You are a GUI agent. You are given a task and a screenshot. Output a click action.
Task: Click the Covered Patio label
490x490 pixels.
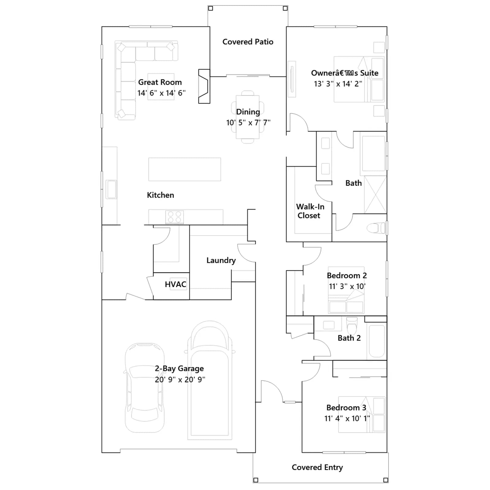tap(248, 42)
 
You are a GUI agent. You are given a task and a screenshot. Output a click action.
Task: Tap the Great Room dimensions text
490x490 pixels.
tap(161, 93)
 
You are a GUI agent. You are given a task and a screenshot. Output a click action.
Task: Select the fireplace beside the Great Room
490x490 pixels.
tap(204, 86)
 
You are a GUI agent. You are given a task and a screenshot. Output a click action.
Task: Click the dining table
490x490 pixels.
tap(247, 117)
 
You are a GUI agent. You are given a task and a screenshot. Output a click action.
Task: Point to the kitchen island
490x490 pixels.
tap(185, 169)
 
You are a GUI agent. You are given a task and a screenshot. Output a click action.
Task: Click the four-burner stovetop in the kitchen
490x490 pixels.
tap(175, 217)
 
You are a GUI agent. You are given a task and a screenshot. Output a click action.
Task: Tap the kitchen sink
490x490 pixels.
tap(111, 189)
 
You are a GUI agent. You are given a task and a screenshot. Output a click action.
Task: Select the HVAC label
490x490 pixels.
tap(175, 284)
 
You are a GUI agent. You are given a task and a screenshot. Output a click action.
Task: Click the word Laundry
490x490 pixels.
tap(221, 261)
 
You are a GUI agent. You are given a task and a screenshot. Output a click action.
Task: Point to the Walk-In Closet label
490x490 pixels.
tap(310, 211)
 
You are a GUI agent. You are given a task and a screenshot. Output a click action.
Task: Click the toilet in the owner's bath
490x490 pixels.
tap(376, 228)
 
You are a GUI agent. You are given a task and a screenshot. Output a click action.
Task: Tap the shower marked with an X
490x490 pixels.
tap(375, 194)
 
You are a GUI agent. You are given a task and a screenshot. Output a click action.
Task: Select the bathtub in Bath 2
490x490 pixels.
tap(377, 341)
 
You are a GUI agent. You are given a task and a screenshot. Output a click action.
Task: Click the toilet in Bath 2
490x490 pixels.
tap(352, 326)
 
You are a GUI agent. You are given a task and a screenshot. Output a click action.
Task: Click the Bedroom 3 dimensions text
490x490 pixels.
tap(347, 418)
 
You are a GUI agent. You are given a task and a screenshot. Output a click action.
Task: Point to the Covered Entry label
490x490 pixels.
tap(317, 467)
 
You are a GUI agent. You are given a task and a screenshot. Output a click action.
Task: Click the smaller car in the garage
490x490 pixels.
tap(145, 388)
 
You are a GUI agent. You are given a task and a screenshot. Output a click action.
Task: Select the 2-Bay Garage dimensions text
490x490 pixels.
tap(180, 379)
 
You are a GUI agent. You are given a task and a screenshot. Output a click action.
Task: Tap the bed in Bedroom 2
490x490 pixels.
tap(346, 290)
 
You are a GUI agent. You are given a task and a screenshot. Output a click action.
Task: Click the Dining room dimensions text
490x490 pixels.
tap(248, 123)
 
